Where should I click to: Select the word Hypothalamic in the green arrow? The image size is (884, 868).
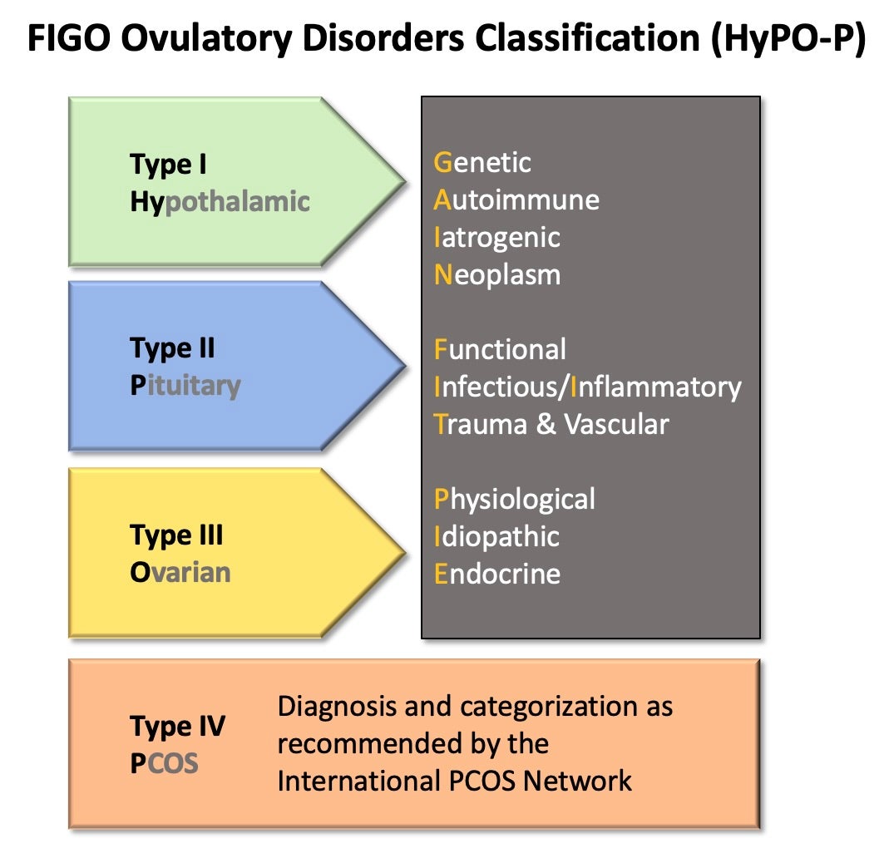coord(220,201)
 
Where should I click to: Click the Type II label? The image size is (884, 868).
coord(172,348)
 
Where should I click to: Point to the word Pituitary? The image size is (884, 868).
coord(185,386)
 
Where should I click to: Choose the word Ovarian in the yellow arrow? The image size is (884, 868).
coord(180,572)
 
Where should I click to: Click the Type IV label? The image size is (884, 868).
coord(177,726)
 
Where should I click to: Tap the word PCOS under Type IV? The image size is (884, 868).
coord(164,762)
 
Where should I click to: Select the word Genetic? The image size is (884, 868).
coord(482,162)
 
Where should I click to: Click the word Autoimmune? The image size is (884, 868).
coord(516,200)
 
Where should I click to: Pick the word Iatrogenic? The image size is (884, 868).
coord(497,237)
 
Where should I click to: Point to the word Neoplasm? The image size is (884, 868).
coord(497,274)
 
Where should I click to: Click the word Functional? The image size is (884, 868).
coord(500,349)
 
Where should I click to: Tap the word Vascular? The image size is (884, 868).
coord(616,424)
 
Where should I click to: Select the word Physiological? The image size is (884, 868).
coord(515,499)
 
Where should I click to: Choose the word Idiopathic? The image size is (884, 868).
coord(496,536)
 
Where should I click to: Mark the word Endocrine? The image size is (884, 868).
coord(497,574)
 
